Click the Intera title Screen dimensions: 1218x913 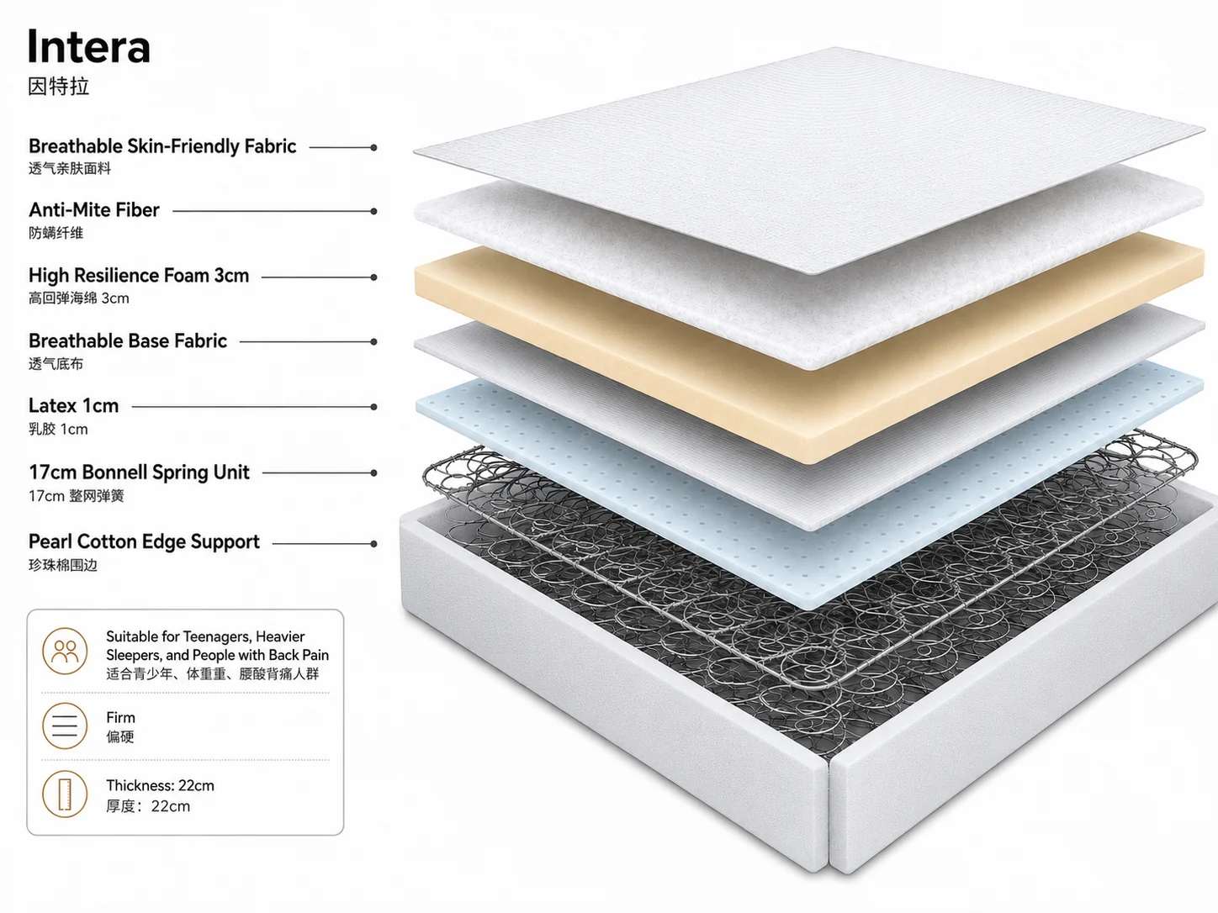[x=89, y=46]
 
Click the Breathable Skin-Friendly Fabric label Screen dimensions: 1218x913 [x=162, y=146]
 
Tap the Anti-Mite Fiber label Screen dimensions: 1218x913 [x=93, y=210]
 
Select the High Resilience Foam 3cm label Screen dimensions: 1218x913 [x=139, y=276]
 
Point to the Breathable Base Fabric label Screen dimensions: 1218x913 [x=128, y=341]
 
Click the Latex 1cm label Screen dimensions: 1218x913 [x=73, y=406]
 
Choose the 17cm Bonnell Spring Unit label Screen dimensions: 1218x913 [x=139, y=472]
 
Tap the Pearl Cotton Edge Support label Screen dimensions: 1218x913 [x=144, y=541]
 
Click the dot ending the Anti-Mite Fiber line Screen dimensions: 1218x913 [x=374, y=211]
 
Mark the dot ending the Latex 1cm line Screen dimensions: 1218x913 [x=374, y=407]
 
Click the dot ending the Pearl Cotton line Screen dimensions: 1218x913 [x=374, y=544]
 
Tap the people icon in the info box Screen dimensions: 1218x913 [x=65, y=651]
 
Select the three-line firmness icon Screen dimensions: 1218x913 [x=65, y=726]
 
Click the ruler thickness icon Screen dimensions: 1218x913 [x=65, y=794]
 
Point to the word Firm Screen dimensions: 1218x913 [x=120, y=717]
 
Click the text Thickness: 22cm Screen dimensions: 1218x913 [x=160, y=785]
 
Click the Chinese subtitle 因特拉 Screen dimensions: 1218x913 [x=58, y=87]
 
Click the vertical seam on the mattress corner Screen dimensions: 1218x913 [x=829, y=814]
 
